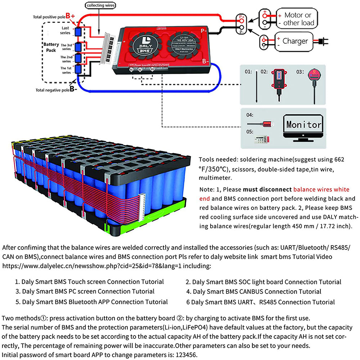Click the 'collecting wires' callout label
pos(99,6)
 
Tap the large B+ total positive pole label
pos(71,16)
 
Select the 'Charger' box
pos(295,41)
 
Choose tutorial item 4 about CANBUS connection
pos(253,291)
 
